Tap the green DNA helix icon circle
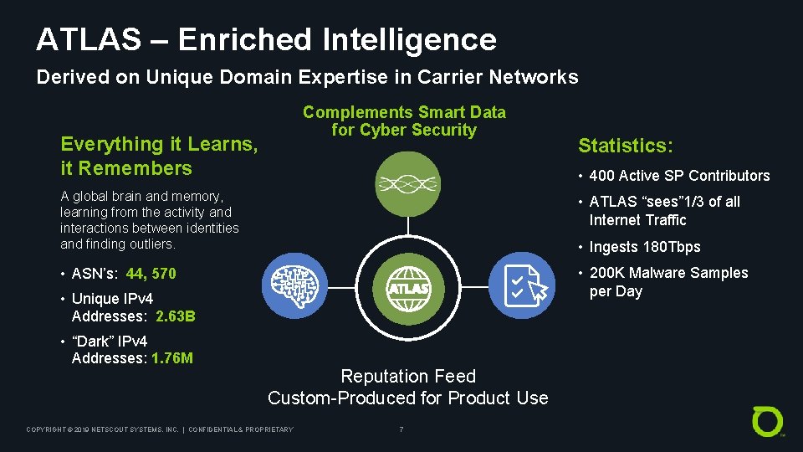pos(407,184)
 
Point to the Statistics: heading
pos(626,146)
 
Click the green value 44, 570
pos(151,274)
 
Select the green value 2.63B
pos(176,316)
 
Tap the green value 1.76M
pos(172,358)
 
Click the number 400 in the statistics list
pos(601,176)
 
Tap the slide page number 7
pos(401,429)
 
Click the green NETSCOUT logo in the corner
pos(768,421)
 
